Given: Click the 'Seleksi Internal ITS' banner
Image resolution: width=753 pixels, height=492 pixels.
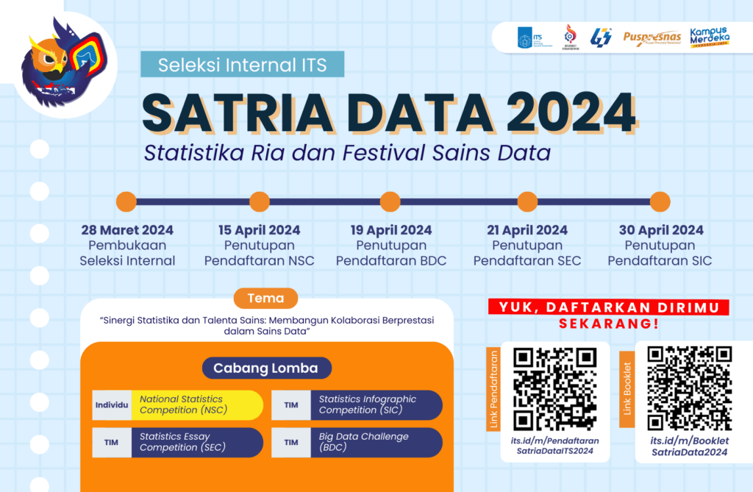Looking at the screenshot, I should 243,65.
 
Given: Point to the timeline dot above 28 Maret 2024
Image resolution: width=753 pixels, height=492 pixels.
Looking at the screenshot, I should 126,201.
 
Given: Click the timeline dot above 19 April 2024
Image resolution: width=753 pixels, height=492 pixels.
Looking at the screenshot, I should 390,201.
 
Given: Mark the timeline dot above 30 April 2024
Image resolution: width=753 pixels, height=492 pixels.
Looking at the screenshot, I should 660,201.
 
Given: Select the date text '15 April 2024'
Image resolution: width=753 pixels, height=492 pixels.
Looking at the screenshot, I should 260,230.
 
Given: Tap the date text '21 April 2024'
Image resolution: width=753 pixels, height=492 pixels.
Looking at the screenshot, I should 527,230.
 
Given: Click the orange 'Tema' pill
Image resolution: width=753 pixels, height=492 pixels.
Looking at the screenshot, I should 265,298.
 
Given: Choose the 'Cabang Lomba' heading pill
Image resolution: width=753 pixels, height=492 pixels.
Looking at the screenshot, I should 266,368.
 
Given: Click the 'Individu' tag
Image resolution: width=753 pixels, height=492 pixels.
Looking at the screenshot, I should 112,405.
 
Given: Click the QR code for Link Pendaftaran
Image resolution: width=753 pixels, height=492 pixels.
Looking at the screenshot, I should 554,388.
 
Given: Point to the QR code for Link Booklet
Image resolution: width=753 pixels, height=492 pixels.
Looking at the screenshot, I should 689,387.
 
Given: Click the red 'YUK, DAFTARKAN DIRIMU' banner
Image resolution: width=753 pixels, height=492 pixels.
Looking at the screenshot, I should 608,307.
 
